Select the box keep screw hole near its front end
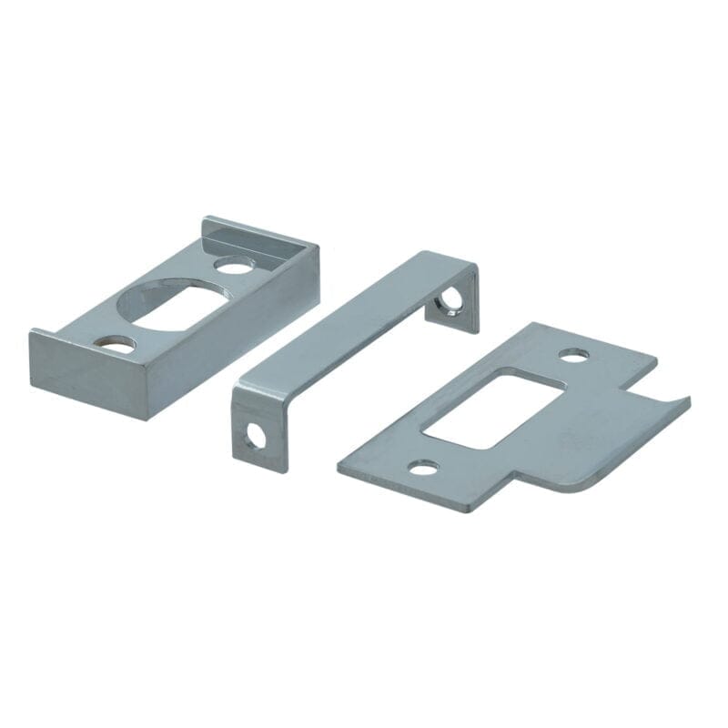click(x=118, y=344)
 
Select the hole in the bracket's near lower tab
click(x=256, y=437)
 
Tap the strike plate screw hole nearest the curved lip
click(x=572, y=355)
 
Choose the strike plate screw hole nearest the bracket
click(x=422, y=469)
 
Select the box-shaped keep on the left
click(x=173, y=318)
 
